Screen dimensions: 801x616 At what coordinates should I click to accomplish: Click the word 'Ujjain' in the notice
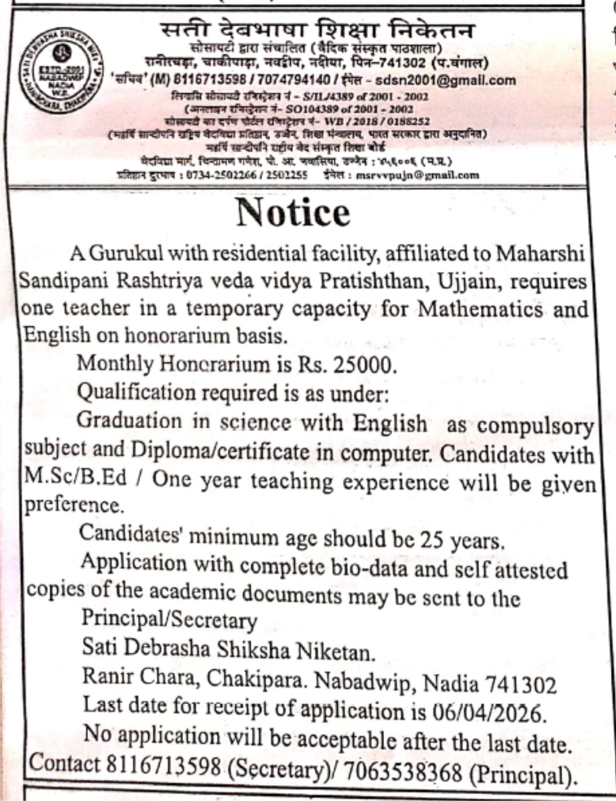(469, 282)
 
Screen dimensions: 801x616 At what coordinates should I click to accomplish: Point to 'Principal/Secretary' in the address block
(169, 620)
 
